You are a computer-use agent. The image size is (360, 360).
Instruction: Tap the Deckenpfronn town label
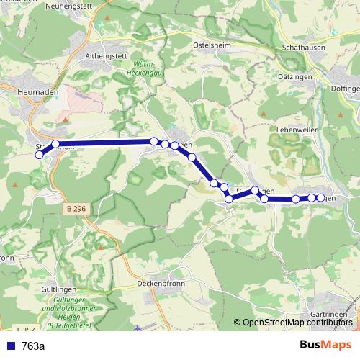tap(162, 284)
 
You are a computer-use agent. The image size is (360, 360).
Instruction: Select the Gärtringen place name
tap(331, 315)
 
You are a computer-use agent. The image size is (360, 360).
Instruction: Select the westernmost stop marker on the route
tap(40, 153)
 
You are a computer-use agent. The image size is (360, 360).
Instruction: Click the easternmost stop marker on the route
tap(321, 197)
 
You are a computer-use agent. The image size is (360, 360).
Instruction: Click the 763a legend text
tap(34, 346)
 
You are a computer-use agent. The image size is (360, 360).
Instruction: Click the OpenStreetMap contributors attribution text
tap(297, 322)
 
